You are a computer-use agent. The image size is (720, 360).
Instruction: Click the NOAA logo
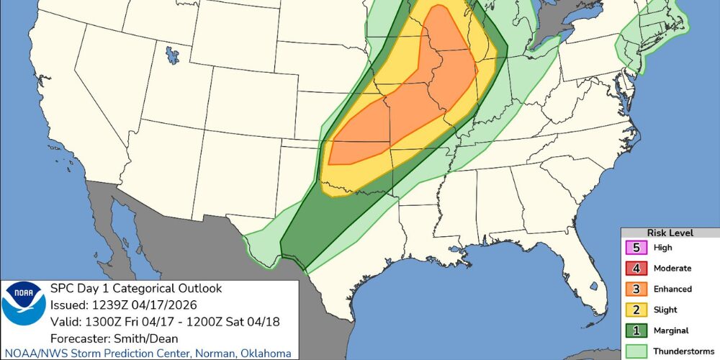pyautogui.click(x=24, y=302)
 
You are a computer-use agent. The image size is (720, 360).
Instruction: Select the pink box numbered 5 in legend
pyautogui.click(x=637, y=248)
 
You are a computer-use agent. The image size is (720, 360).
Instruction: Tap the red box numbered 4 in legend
pyautogui.click(x=637, y=269)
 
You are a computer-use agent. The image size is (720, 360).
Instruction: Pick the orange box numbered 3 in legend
pyautogui.click(x=637, y=289)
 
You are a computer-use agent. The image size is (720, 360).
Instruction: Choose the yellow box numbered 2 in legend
pyautogui.click(x=637, y=310)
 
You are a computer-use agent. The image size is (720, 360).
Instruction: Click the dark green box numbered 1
pyautogui.click(x=637, y=330)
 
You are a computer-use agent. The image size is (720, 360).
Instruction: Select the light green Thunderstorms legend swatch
pyautogui.click(x=637, y=351)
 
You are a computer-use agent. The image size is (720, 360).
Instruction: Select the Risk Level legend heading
pyautogui.click(x=670, y=233)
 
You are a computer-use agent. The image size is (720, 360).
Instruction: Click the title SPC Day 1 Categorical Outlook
pyautogui.click(x=135, y=289)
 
